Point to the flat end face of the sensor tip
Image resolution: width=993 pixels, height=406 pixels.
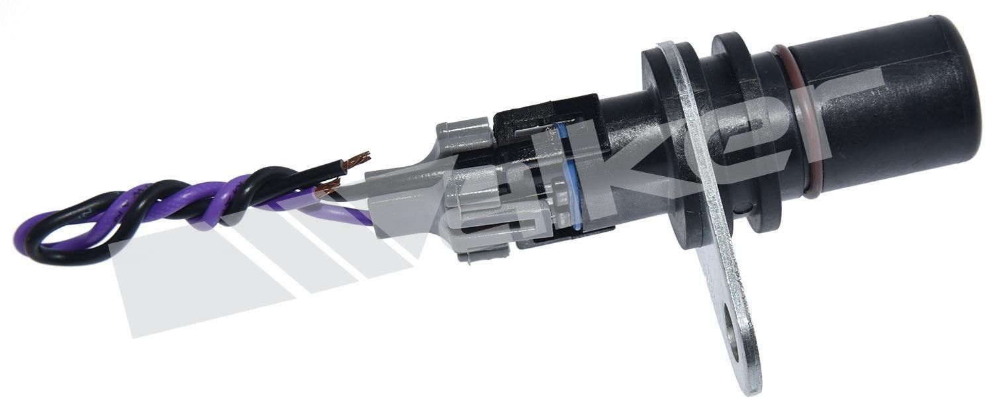coord(962,82)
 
